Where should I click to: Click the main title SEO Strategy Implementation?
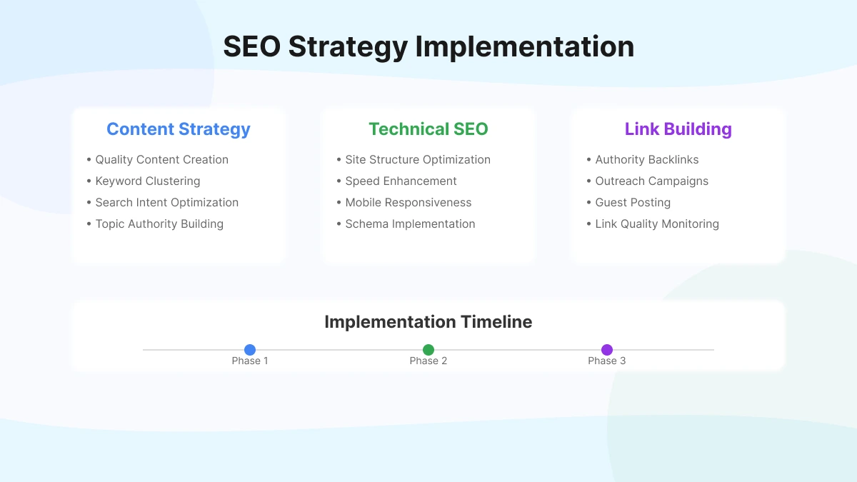(428, 46)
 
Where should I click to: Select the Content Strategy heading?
(179, 129)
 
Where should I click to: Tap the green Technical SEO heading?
(428, 129)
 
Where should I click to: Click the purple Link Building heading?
(678, 129)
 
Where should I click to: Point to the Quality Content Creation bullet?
(161, 160)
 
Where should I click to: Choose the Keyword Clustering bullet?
(147, 181)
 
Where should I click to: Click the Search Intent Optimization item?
(166, 203)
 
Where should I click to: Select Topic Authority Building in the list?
(159, 224)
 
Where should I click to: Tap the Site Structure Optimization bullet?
(417, 160)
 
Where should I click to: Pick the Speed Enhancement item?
(400, 181)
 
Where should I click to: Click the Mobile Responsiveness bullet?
(408, 203)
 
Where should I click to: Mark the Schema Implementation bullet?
(409, 224)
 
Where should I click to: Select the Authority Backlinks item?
(646, 160)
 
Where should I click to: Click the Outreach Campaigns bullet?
(651, 181)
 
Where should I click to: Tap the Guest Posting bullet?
(632, 203)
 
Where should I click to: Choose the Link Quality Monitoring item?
(656, 224)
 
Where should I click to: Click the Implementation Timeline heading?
(428, 322)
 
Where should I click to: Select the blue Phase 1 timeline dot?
(250, 350)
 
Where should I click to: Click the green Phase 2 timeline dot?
(428, 350)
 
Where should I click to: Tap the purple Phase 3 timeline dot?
(607, 350)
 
